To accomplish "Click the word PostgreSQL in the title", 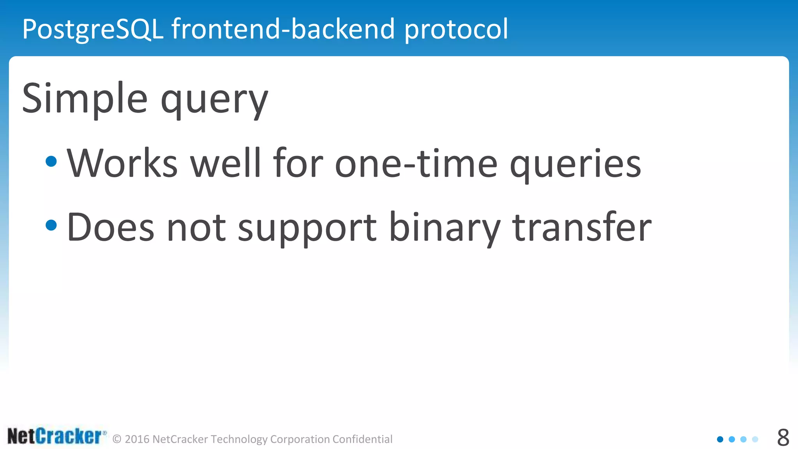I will (93, 29).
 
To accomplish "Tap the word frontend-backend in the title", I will (283, 29).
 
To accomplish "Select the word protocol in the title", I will (456, 29).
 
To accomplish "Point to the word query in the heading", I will (214, 100).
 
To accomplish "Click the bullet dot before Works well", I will (51, 161).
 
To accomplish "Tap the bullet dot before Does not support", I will (51, 225).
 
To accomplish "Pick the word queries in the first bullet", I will (575, 165).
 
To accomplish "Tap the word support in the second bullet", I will (307, 229).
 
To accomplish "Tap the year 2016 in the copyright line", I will (137, 439).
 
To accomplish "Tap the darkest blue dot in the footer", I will (720, 439).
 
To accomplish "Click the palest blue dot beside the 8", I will (755, 439).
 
